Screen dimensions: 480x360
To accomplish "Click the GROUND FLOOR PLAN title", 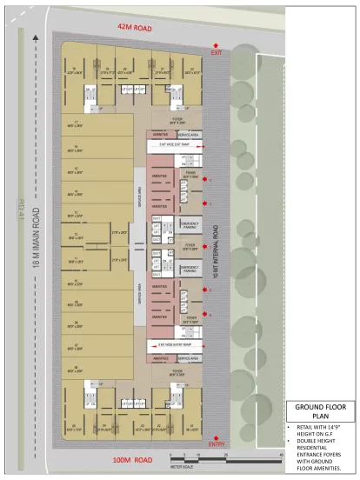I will click(321, 410).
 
